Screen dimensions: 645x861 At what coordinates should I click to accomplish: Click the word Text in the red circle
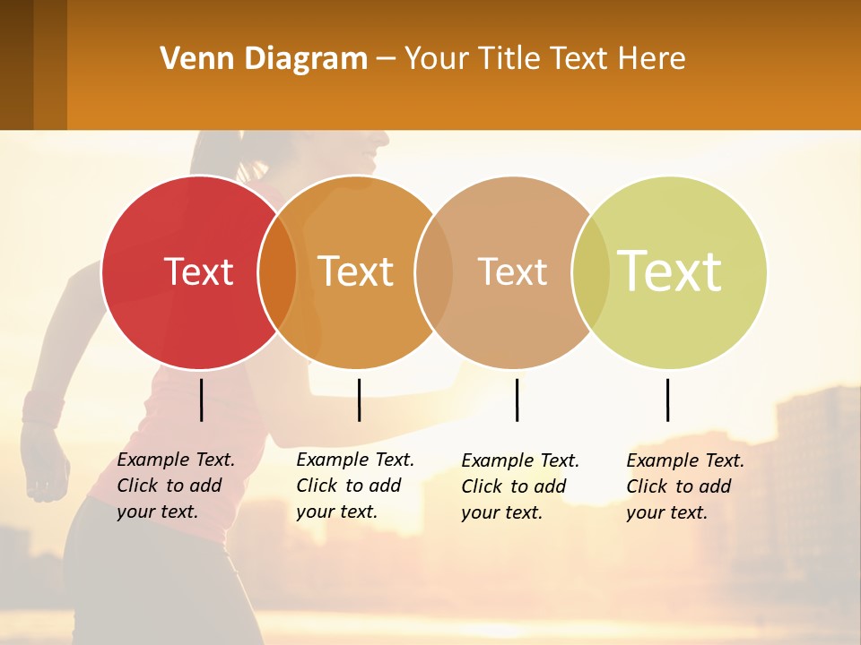(x=198, y=271)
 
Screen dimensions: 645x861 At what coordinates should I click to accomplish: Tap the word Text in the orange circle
(x=356, y=271)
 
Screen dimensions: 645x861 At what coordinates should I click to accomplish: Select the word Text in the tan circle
(x=512, y=271)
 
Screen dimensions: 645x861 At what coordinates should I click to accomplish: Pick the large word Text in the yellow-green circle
(x=670, y=271)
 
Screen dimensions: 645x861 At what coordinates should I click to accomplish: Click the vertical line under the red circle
(x=202, y=400)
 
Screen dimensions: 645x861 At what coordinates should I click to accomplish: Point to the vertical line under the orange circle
(x=359, y=400)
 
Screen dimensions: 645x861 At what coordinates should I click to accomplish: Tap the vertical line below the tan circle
(x=517, y=400)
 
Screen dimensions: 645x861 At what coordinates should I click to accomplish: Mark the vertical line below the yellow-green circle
(x=667, y=400)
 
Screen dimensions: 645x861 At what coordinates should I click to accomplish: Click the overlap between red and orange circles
(x=277, y=272)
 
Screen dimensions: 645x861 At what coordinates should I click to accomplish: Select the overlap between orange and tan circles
(x=434, y=272)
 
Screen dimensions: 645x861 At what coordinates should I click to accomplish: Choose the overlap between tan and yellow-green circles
(x=590, y=272)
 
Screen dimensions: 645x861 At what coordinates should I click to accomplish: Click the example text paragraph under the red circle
(x=176, y=486)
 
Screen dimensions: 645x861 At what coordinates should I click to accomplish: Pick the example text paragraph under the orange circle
(x=355, y=486)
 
